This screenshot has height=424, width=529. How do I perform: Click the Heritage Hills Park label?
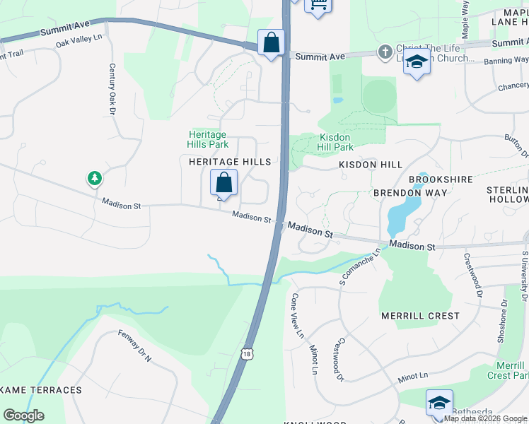point(207,139)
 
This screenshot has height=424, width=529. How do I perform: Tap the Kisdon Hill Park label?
point(336,142)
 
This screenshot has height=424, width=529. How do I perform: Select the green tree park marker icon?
point(95,178)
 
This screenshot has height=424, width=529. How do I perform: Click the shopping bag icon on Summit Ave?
point(271,43)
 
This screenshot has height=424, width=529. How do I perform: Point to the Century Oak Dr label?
point(112,89)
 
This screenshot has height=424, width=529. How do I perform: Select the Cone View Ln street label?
point(298,315)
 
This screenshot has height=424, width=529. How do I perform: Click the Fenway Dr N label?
point(135,346)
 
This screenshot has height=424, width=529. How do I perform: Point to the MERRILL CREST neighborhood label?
point(419,316)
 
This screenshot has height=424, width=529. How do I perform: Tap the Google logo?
point(24,416)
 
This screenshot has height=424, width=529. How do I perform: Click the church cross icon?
point(384,52)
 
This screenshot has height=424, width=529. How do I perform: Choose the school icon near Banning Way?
point(417,62)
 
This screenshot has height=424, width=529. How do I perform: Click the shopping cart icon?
point(318,6)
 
